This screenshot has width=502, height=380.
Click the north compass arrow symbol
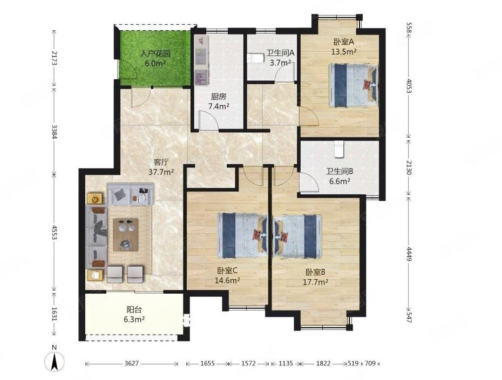coord(55,362)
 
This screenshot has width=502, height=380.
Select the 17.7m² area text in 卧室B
coord(315,282)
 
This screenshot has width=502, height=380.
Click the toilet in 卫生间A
coord(255,59)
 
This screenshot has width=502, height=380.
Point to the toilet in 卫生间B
coord(339,149)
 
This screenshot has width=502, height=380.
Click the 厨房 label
coord(219,97)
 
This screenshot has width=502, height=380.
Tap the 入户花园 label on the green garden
coord(155,53)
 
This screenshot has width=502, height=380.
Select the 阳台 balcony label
coord(134,310)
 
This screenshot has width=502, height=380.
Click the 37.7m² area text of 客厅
coord(161,172)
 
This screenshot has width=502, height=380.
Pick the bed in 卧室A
coord(354,85)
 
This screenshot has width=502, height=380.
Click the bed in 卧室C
coord(242,236)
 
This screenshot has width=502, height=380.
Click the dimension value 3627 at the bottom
coord(132,363)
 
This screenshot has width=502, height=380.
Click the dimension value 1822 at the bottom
coord(323,363)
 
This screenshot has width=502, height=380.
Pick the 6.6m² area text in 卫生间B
coord(340,181)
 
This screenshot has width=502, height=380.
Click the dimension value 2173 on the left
coord(55,58)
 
